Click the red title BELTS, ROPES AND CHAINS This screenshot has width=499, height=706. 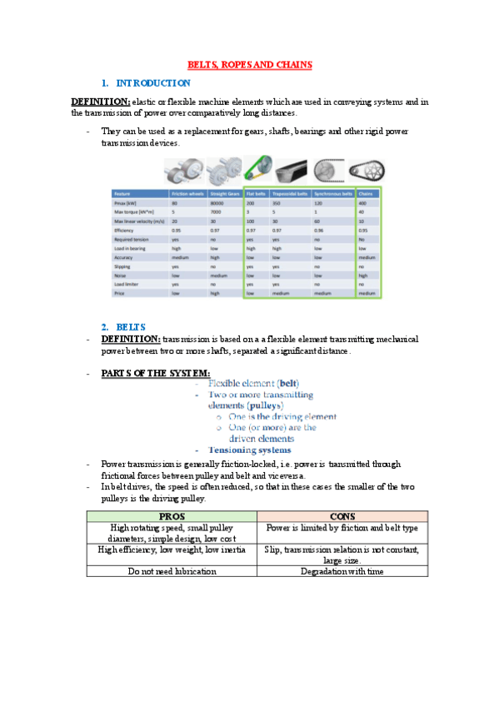pos(249,64)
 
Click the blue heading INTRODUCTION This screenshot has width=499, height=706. pos(154,83)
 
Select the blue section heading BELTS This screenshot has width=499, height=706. pos(132,326)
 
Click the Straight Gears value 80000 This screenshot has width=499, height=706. pos(219,202)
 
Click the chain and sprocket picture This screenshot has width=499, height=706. pos(367,171)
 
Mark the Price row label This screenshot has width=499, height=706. pos(119,293)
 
